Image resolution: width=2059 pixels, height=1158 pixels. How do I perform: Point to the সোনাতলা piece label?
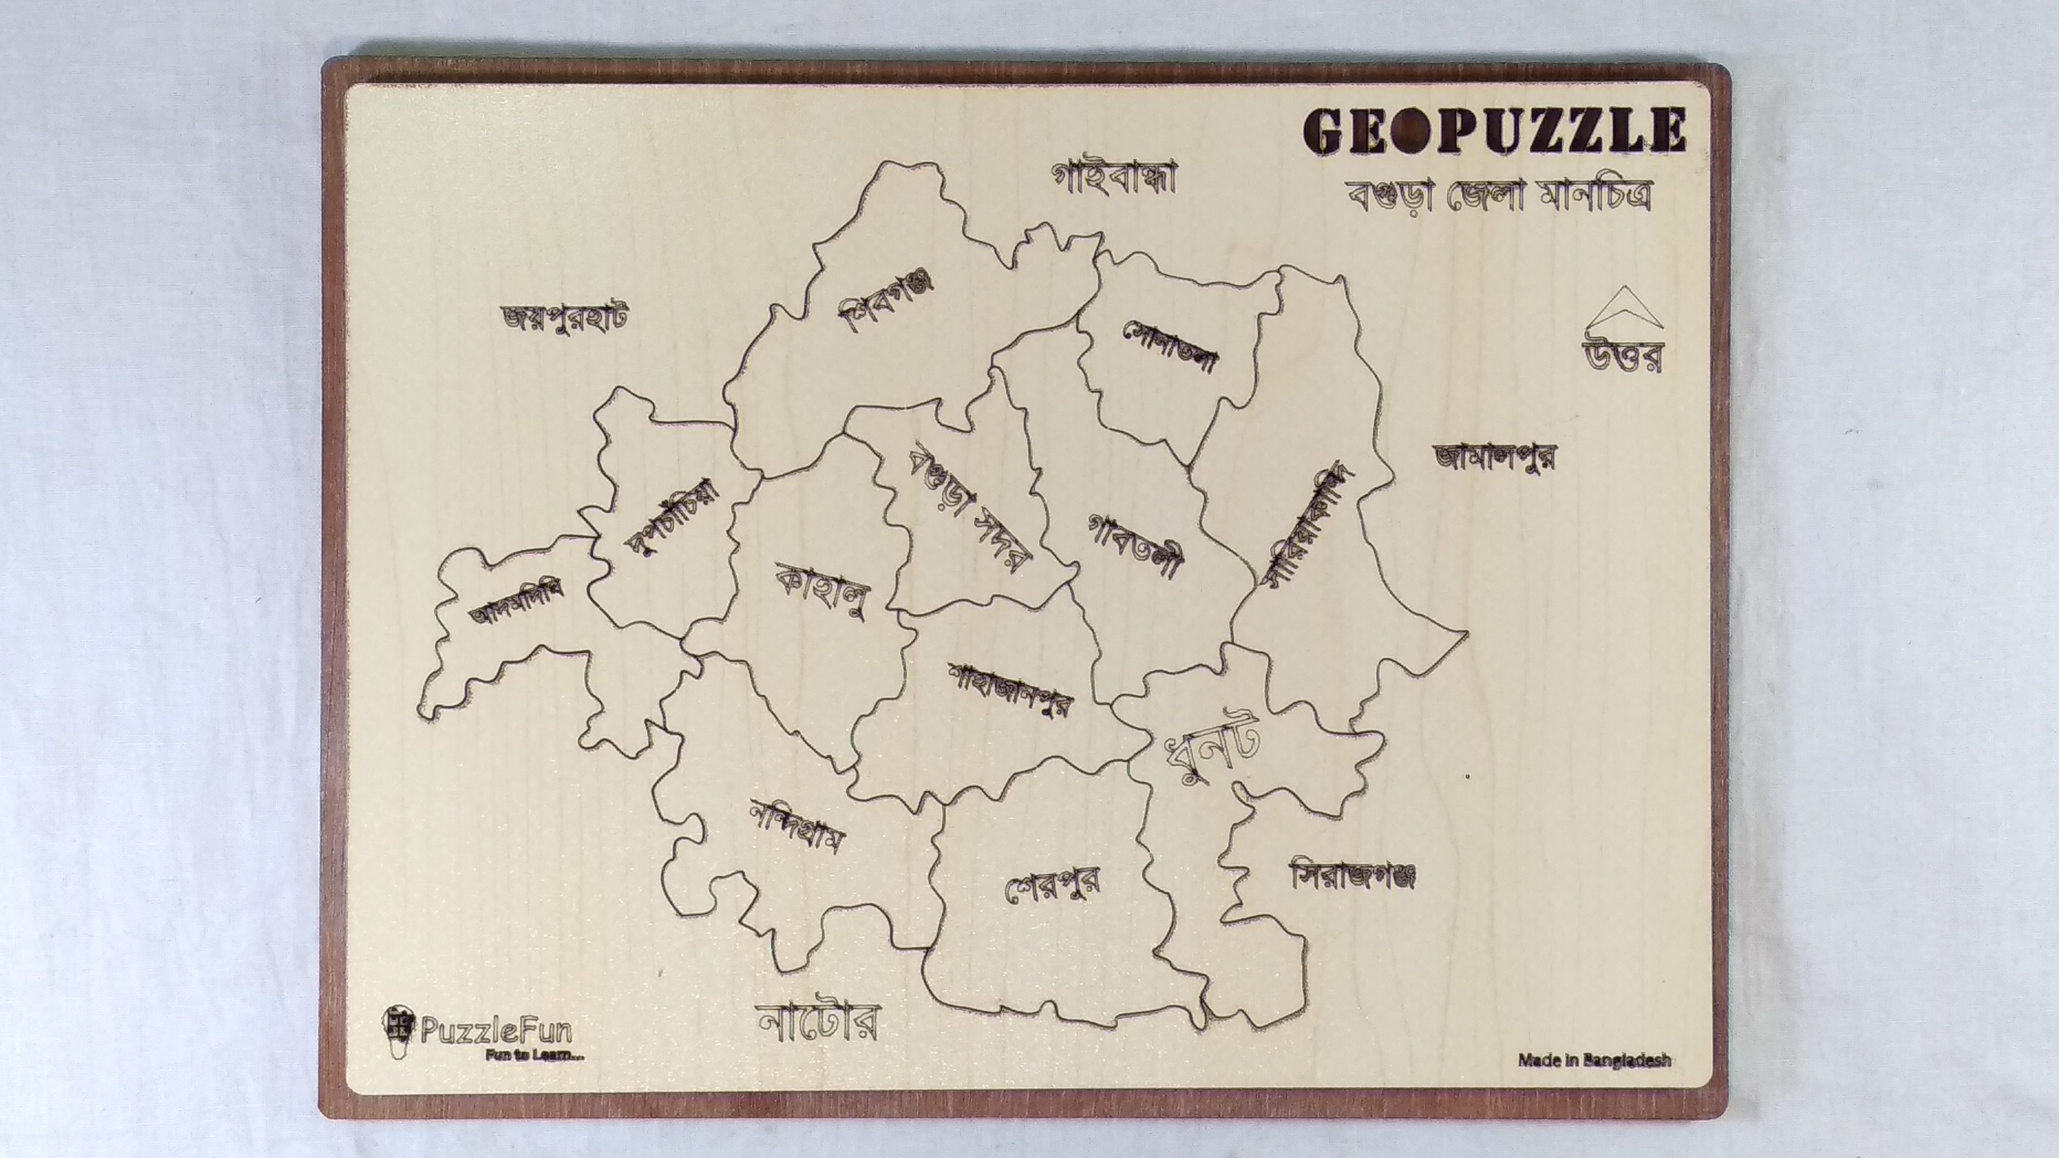click(1171, 347)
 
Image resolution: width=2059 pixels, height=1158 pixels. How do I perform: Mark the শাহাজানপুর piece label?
click(1009, 689)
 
